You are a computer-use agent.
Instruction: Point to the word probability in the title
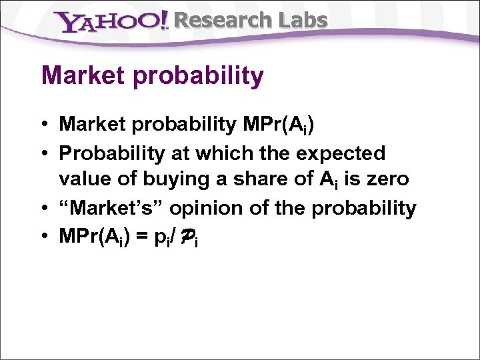[x=199, y=77]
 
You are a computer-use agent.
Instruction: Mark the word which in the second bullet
[x=216, y=153]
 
